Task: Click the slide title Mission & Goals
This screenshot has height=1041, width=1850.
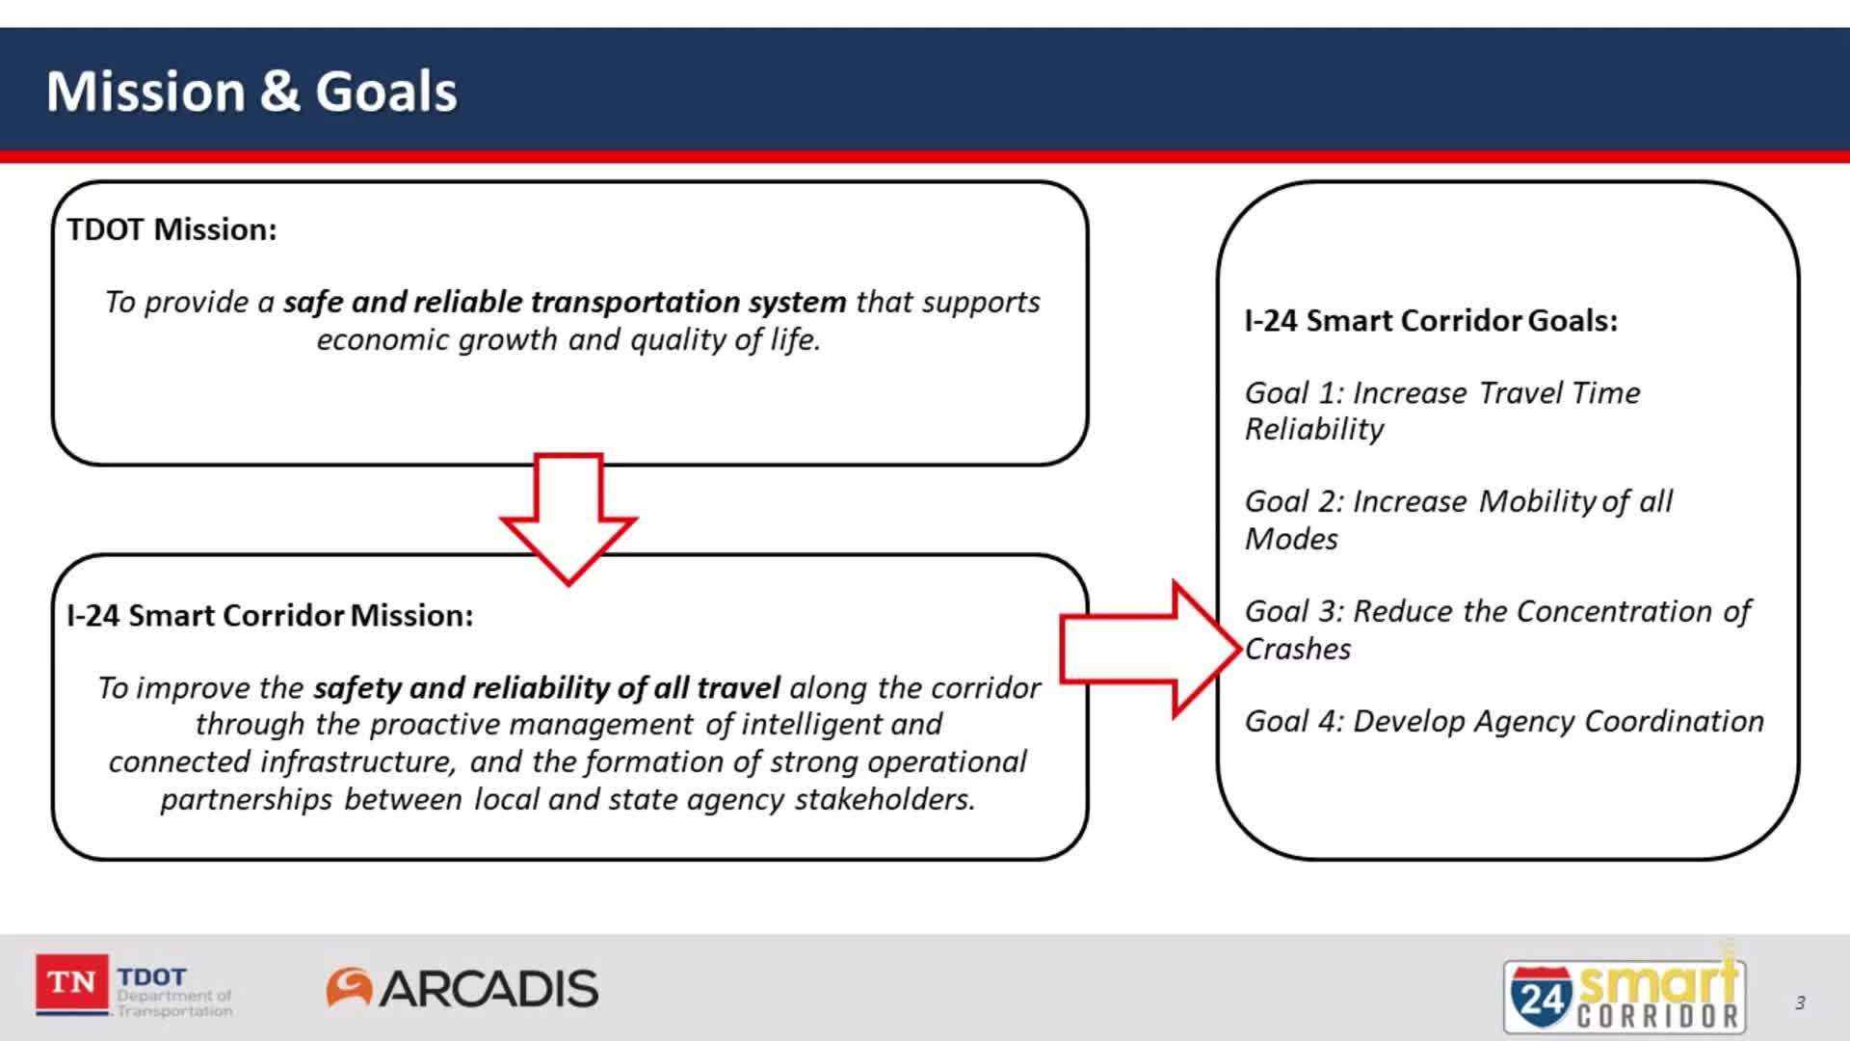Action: (251, 92)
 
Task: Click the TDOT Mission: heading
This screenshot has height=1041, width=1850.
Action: (172, 229)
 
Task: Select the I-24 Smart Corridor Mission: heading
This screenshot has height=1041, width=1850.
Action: (270, 615)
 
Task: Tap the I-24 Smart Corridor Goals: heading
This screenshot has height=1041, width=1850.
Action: (1431, 320)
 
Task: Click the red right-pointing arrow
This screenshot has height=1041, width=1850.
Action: (1147, 650)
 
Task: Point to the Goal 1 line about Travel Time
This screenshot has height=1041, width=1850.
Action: (1441, 393)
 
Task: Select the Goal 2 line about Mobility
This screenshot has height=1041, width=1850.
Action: (1458, 502)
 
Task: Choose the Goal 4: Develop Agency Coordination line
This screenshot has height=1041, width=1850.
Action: (1503, 721)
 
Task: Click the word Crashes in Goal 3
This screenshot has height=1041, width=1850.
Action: (1298, 650)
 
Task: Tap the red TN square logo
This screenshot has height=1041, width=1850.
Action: (71, 983)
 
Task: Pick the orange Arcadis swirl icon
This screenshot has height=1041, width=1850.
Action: (349, 988)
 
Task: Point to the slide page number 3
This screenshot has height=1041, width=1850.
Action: (1800, 1003)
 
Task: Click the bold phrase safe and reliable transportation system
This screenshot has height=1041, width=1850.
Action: (564, 302)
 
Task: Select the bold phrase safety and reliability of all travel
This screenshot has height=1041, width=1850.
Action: (546, 688)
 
